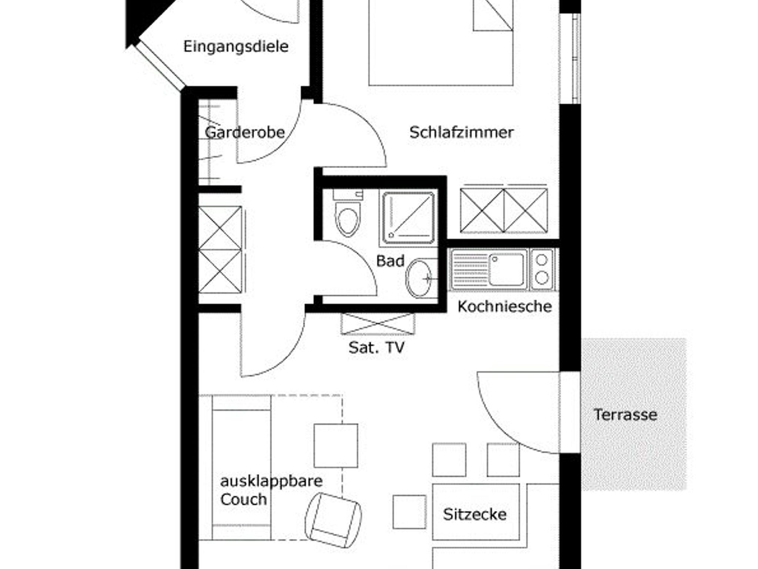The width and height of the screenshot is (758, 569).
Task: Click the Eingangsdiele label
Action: pos(236,47)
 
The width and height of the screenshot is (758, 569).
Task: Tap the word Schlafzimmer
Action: pos(462,132)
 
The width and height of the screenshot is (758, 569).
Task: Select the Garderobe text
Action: pos(245,132)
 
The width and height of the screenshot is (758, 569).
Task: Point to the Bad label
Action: pos(390,261)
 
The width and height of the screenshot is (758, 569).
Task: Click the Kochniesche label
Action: pos(504,306)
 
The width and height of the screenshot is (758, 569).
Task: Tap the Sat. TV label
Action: pos(376,347)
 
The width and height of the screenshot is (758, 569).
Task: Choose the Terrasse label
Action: pos(625,415)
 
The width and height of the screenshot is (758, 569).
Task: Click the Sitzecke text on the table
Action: pos(475,514)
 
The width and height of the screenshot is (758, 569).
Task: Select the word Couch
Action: pos(244,499)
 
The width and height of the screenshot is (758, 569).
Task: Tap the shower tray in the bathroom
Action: pos(408,218)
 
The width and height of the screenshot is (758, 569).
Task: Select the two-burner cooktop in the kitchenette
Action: pos(542,269)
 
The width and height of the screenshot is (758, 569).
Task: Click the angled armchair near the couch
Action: pos(333,520)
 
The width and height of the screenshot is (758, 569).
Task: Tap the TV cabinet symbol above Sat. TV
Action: pos(378,324)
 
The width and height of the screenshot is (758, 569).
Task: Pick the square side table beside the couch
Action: pos(336,445)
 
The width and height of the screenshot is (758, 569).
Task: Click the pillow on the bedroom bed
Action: pos(493,15)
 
